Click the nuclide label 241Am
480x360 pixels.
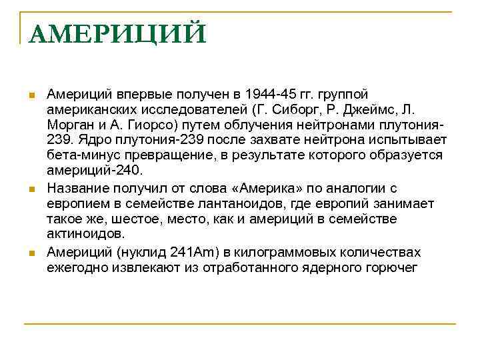tap(191, 252)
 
